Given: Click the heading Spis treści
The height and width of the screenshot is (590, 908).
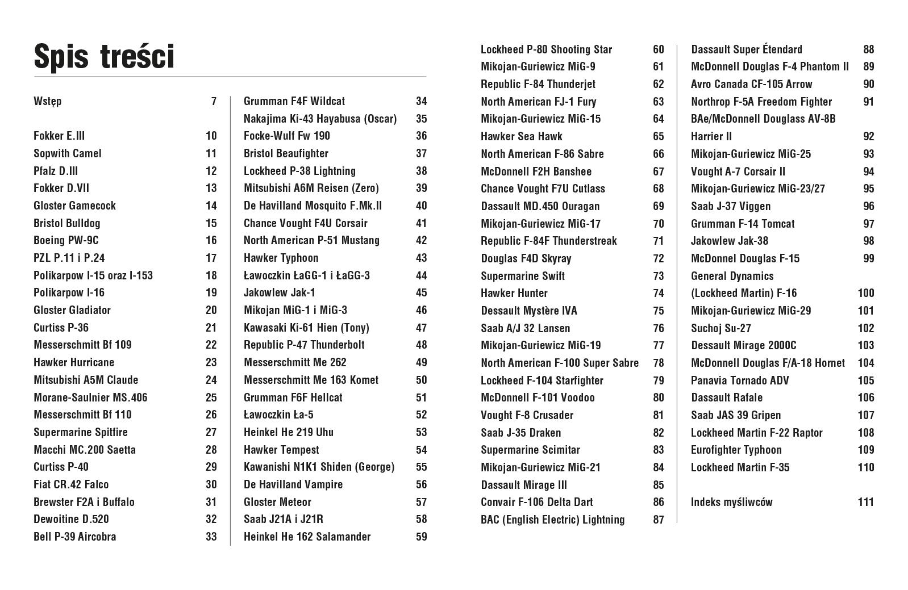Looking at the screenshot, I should (x=104, y=57).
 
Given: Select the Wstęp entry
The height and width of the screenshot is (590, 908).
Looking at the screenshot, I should (x=48, y=102).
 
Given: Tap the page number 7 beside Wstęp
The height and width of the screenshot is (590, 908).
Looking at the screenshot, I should (x=214, y=102).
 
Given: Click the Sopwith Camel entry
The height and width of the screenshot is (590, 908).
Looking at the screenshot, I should (x=68, y=153).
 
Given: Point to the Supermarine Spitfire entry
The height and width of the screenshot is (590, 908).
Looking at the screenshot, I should (x=81, y=432).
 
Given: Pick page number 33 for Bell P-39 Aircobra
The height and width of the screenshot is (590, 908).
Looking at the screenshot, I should (x=211, y=537).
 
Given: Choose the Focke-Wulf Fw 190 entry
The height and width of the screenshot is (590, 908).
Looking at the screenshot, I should (x=287, y=136).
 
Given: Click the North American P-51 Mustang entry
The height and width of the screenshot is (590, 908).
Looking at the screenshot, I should (x=311, y=240).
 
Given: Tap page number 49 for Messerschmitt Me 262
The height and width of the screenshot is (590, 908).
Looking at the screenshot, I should (x=421, y=362).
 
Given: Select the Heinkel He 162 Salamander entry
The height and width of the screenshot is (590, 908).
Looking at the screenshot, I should (x=307, y=537).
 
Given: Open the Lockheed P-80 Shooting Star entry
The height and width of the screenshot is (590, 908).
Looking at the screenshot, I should (x=546, y=49).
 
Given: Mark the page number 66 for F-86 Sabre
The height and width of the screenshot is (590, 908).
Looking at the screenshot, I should (x=658, y=154).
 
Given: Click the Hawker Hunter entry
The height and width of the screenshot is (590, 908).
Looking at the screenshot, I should (x=514, y=293).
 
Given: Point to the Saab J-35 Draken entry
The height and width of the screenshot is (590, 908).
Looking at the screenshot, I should (x=520, y=433).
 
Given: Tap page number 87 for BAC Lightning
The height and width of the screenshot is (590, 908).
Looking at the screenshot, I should (x=658, y=520).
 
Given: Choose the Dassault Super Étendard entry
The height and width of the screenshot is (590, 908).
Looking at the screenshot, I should (x=747, y=49).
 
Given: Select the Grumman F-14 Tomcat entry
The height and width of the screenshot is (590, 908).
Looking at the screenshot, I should (x=743, y=224).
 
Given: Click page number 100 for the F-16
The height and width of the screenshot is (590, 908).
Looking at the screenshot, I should (x=865, y=293).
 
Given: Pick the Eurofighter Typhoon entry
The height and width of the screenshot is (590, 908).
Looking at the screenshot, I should (x=736, y=450).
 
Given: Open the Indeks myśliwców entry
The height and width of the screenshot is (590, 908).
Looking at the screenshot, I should (x=732, y=502).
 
